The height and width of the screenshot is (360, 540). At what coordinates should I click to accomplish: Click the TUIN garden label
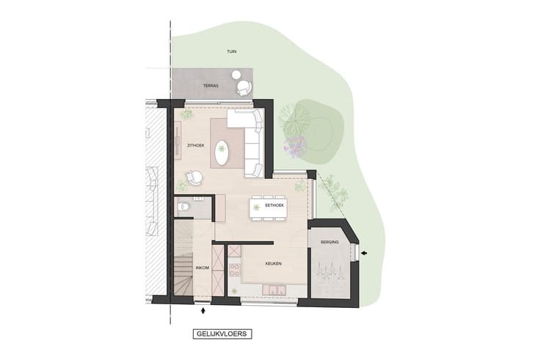pyautogui.click(x=231, y=51)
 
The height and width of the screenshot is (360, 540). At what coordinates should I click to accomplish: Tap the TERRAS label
pyautogui.click(x=211, y=86)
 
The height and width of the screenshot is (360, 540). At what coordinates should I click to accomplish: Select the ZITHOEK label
pyautogui.click(x=196, y=146)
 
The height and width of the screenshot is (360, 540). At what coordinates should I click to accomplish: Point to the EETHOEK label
pyautogui.click(x=274, y=205)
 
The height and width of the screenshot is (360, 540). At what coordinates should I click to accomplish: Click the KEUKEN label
pyautogui.click(x=274, y=264)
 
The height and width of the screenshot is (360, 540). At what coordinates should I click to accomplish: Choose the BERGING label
pyautogui.click(x=329, y=242)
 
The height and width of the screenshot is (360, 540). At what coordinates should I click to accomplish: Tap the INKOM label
pyautogui.click(x=202, y=268)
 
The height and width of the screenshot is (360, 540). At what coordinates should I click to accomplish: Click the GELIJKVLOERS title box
pyautogui.click(x=222, y=334)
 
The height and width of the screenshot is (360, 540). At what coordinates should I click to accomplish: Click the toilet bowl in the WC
pyautogui.click(x=184, y=207)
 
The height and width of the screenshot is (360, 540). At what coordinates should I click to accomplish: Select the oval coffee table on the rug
pyautogui.click(x=222, y=153)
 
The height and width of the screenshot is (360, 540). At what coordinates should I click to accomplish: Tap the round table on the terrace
pyautogui.click(x=236, y=74)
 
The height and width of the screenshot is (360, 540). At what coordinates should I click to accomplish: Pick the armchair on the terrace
pyautogui.click(x=244, y=87)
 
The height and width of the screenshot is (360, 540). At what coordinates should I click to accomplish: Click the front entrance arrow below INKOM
pyautogui.click(x=203, y=310)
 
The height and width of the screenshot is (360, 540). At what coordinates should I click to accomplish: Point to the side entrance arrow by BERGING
pyautogui.click(x=364, y=253)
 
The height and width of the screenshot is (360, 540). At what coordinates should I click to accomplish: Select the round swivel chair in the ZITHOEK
pyautogui.click(x=194, y=178)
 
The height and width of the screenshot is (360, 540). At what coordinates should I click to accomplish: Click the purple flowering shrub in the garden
pyautogui.click(x=295, y=147)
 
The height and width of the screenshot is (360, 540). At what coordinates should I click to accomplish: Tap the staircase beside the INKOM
pyautogui.click(x=183, y=258)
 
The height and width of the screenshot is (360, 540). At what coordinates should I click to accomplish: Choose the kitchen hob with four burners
pyautogui.click(x=235, y=270)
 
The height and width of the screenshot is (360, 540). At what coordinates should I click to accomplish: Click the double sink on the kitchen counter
pyautogui.click(x=274, y=290)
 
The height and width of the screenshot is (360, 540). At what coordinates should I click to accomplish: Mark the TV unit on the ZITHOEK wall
pyautogui.click(x=178, y=141)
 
